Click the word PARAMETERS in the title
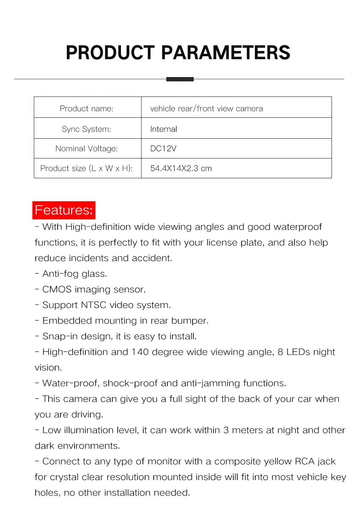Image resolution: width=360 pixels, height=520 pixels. click(x=225, y=53)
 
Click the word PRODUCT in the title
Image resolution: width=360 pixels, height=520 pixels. click(x=110, y=53)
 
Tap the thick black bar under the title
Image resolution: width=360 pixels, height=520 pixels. click(x=180, y=79)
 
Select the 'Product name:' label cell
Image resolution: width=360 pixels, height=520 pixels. click(x=86, y=108)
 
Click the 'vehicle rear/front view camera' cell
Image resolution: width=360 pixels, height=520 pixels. click(x=206, y=108)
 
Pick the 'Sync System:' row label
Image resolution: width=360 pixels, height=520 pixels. click(x=86, y=129)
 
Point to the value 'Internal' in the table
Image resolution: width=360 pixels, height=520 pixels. click(x=163, y=129)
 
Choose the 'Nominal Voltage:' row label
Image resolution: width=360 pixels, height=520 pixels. click(x=86, y=148)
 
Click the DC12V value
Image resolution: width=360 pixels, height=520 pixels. click(x=163, y=148)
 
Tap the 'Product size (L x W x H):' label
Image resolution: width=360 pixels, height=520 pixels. click(x=86, y=168)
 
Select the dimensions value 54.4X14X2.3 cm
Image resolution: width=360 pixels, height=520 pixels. click(x=181, y=168)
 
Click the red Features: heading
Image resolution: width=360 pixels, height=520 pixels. click(x=64, y=210)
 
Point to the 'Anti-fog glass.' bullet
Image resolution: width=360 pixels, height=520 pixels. click(x=75, y=274)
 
